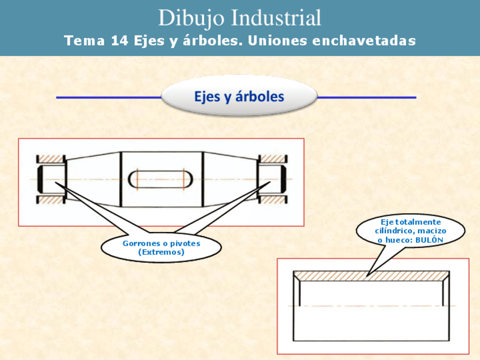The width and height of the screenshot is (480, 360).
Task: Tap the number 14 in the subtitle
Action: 118,41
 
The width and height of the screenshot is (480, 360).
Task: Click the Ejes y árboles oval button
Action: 239,97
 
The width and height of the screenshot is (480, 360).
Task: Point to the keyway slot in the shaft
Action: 161,179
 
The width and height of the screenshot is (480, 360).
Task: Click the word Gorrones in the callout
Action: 142,243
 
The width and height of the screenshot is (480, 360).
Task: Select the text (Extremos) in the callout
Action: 161,252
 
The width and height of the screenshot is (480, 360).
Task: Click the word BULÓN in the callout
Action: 429,240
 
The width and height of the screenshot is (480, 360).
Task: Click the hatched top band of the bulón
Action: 371,275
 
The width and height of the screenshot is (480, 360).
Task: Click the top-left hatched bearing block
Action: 50,159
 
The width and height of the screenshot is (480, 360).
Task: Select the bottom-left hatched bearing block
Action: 50,199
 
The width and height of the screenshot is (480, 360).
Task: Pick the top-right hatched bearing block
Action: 272,159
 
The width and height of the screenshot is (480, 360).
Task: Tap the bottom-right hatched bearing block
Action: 272,199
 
